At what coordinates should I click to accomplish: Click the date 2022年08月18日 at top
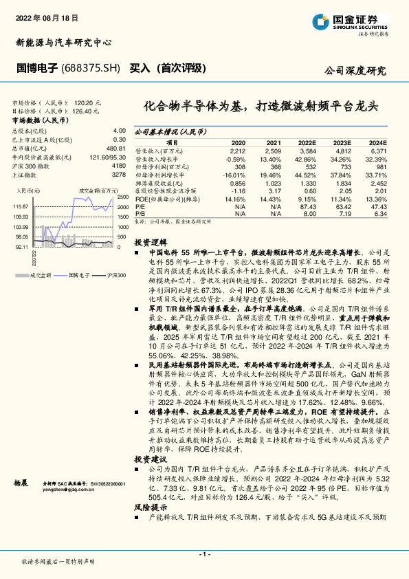(43, 15)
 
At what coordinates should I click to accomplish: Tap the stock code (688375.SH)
(90, 69)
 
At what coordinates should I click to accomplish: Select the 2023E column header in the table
(342, 142)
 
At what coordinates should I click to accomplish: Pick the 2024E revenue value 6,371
(378, 149)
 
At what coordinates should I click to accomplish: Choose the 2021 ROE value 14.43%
(272, 199)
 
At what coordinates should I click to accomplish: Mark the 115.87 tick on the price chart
(20, 206)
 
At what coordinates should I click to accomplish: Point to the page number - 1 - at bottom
(204, 554)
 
